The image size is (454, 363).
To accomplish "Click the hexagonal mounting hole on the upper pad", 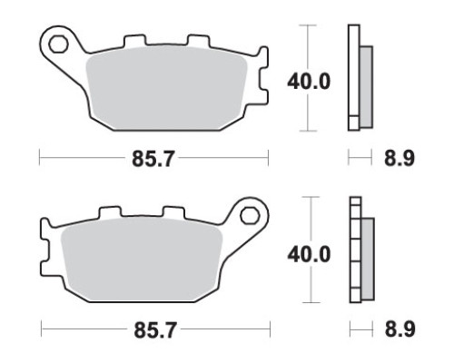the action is click(x=57, y=44).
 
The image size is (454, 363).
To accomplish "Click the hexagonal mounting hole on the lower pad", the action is click(x=250, y=216).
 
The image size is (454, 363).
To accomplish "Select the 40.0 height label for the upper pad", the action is click(x=309, y=82).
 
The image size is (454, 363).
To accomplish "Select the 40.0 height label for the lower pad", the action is click(x=309, y=254).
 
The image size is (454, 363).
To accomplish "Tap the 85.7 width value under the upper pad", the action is click(x=153, y=159).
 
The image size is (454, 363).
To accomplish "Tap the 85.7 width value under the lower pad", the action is click(x=155, y=330).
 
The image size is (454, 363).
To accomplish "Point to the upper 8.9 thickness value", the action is click(x=400, y=158).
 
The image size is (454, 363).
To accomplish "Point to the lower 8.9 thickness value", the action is click(x=400, y=329).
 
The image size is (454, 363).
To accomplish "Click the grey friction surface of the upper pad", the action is click(x=166, y=88).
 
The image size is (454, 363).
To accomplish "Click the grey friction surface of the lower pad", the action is click(x=142, y=260).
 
